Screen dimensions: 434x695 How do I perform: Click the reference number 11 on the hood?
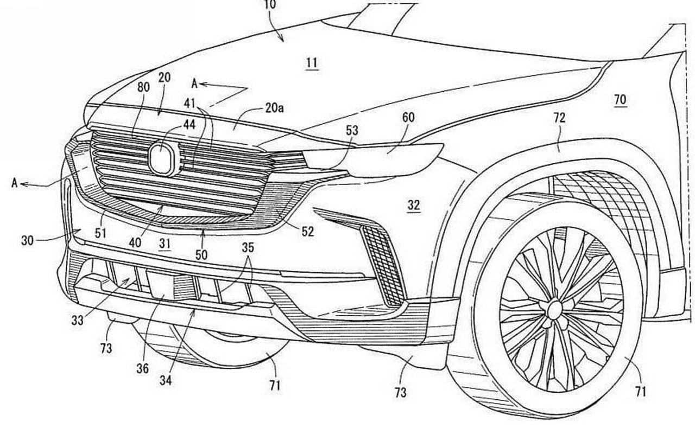coord(312,63)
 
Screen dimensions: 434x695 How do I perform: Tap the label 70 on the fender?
coord(620,99)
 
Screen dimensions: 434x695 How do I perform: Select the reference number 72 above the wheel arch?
coord(559,117)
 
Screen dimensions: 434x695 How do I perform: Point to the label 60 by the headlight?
coord(408,117)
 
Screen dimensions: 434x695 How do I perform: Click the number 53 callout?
coord(352,131)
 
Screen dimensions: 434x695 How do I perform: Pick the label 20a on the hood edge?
coord(275,108)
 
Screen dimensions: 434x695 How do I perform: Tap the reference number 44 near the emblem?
coord(189,124)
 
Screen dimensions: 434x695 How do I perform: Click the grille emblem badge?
coord(163,159)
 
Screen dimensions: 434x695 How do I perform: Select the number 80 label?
coord(143,87)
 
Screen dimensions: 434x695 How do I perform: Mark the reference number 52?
coord(307,232)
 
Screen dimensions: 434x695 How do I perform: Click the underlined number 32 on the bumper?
coord(414,205)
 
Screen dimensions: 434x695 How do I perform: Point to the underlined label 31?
coord(165,244)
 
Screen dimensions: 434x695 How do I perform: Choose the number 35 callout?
coord(248,247)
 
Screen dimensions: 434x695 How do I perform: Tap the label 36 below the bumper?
coord(142,368)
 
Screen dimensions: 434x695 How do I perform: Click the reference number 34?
coord(166,381)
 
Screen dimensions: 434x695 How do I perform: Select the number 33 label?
coord(77,320)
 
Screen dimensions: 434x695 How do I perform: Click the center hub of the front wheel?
coord(555,310)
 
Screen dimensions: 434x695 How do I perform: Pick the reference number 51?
coord(100,233)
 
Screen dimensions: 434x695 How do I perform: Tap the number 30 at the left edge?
coord(27,239)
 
